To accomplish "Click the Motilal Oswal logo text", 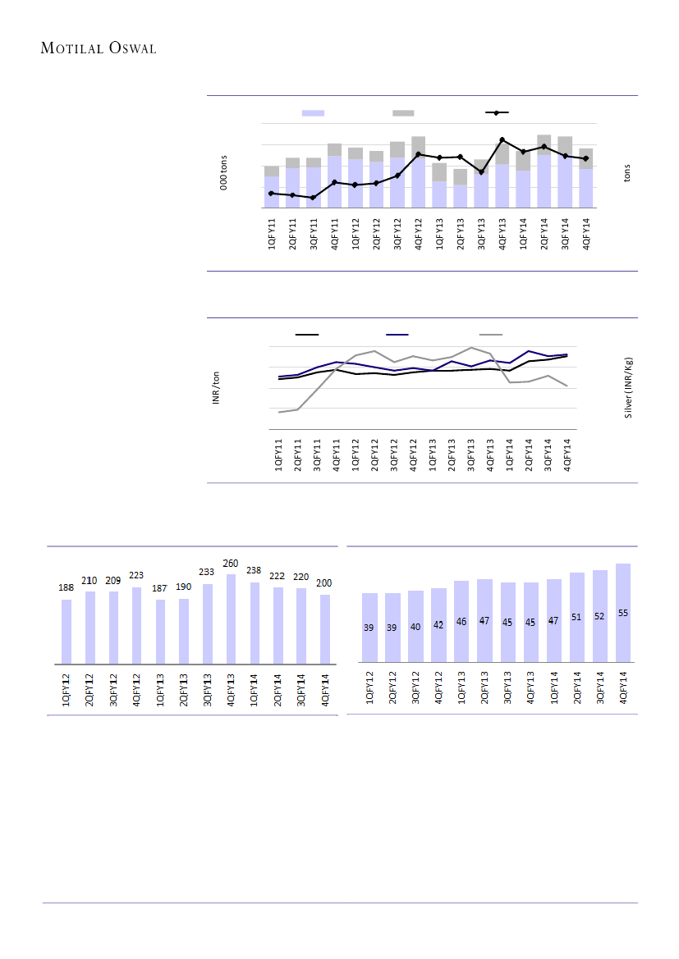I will (x=99, y=48).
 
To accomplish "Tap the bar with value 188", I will (x=67, y=631).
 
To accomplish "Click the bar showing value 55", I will (x=623, y=611).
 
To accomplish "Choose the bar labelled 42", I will (x=438, y=623).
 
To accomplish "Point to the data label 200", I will (x=324, y=582).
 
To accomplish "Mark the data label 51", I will (x=577, y=617).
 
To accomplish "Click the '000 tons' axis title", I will (x=223, y=173).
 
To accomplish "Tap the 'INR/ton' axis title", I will (x=216, y=388).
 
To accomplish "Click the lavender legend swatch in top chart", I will (x=314, y=112).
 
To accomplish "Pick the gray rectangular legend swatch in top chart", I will (x=403, y=112).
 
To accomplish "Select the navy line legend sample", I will (x=397, y=334).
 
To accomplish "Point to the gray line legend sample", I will (x=491, y=334).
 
